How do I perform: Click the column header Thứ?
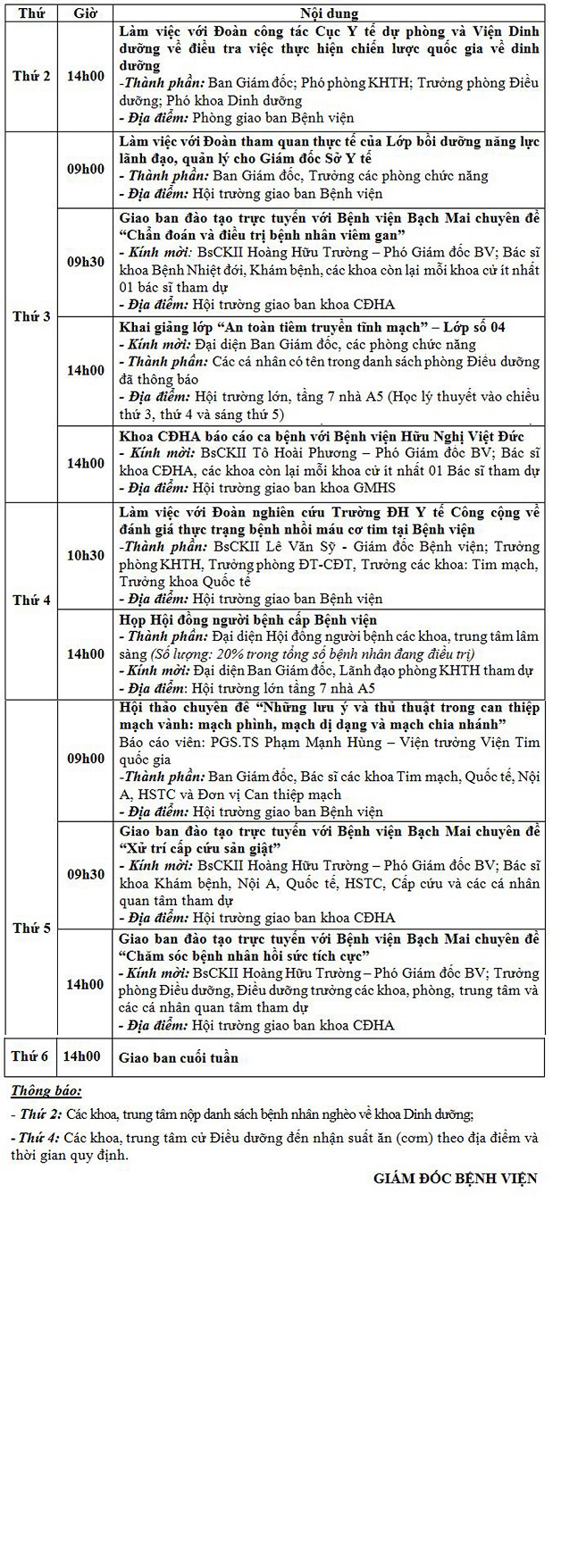(x=31, y=13)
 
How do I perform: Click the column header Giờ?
(x=86, y=13)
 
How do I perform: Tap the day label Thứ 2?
(x=31, y=76)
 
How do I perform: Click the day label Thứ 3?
(x=31, y=316)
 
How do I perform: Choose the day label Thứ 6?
(x=29, y=1056)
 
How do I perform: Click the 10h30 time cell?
(x=86, y=555)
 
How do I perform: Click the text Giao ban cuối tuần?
(x=179, y=1057)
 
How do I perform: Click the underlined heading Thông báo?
(x=46, y=1090)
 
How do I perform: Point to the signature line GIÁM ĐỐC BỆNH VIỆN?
(x=456, y=1178)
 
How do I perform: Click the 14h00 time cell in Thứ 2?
(x=86, y=76)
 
